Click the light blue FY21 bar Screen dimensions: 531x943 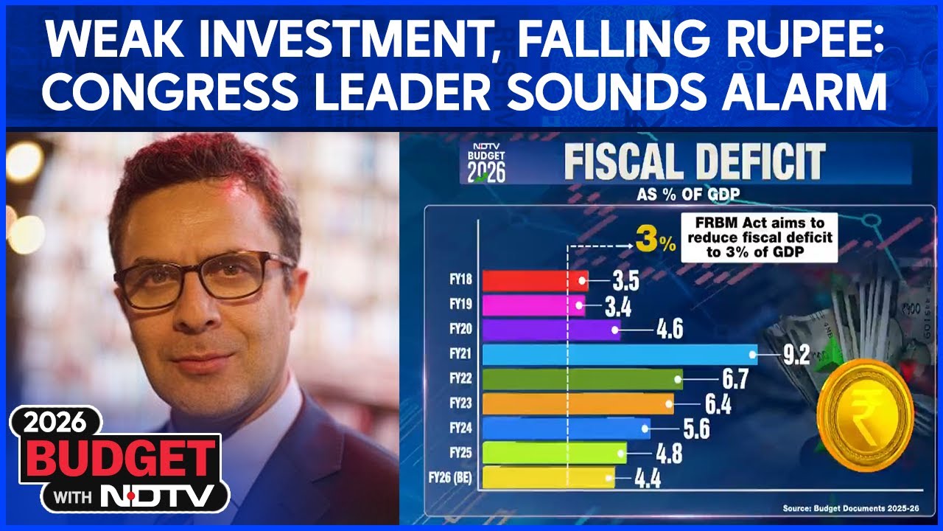point(619,355)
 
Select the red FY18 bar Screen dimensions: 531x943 point(533,280)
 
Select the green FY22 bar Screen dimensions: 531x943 point(582,379)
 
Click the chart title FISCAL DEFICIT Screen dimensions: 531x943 point(694,164)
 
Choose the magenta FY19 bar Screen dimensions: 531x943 point(533,305)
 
